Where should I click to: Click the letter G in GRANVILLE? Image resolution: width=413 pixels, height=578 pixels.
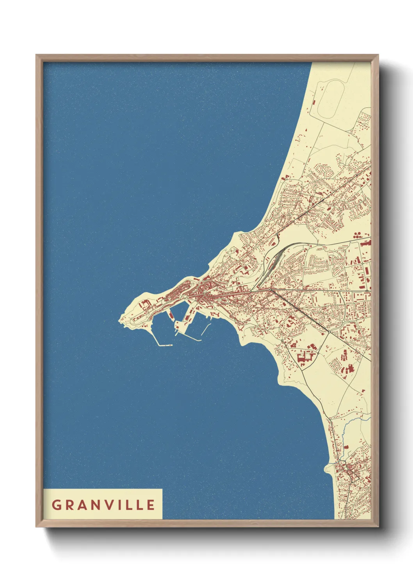[x=56, y=505]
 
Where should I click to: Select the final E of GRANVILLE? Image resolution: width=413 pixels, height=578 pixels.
[x=151, y=505]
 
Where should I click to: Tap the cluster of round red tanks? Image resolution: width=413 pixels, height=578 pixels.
[x=357, y=235]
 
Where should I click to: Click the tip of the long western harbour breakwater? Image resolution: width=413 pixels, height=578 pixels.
[x=171, y=345]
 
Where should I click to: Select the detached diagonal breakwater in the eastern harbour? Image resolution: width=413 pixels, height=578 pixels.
[x=206, y=330]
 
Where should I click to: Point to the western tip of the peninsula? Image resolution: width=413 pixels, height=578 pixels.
[x=119, y=321]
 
